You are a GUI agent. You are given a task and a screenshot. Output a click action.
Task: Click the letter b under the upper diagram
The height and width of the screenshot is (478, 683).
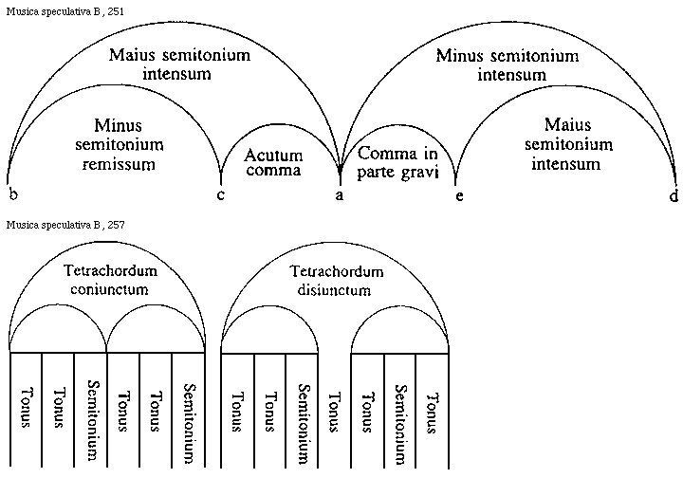pos(13,194)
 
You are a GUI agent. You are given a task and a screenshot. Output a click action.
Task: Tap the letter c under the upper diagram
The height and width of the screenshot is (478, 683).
pos(220,194)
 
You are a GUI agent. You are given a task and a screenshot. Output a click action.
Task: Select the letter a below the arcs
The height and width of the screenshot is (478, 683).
pos(340,194)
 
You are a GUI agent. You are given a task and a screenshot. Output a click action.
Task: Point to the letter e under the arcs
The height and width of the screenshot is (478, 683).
pos(458,194)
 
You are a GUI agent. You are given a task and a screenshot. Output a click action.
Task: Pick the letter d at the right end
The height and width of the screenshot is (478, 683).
pos(674,194)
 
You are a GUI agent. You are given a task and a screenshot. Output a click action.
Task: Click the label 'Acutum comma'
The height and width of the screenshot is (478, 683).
pos(273,162)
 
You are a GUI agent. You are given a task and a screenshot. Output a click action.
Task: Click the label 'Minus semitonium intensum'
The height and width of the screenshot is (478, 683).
pos(507,64)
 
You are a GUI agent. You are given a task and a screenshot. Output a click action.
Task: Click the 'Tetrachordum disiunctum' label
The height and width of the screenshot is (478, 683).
pos(331,280)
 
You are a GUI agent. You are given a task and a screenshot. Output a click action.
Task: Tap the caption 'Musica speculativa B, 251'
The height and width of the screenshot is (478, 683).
pos(64,10)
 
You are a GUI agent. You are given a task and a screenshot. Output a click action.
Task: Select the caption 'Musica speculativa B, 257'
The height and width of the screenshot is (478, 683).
pos(64,225)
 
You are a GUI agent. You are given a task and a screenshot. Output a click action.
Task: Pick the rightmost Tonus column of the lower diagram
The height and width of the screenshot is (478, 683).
pos(432,409)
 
